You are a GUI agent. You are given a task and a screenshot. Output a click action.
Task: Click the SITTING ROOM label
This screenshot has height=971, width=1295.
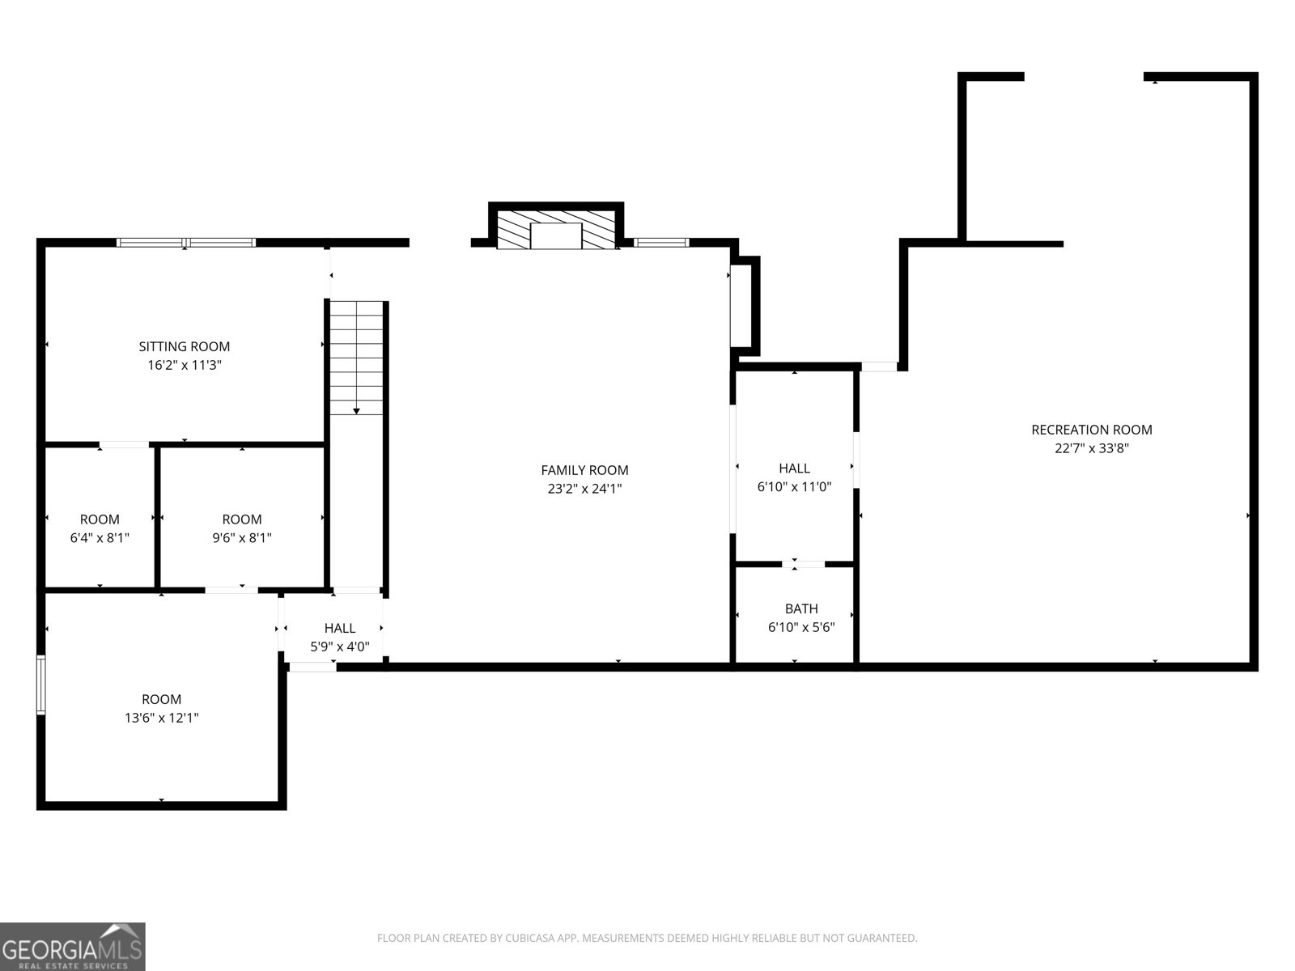[x=185, y=346]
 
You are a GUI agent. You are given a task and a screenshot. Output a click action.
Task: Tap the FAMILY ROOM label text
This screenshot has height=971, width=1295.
[x=584, y=470]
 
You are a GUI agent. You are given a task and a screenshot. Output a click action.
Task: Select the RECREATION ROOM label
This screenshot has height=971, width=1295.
[x=1091, y=430]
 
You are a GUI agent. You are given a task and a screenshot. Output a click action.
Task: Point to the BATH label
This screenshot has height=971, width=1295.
[x=800, y=608]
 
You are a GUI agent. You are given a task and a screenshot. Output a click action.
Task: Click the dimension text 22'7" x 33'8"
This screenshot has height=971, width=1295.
[x=1091, y=448]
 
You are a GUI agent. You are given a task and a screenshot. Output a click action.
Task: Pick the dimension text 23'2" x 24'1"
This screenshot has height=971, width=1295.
[x=584, y=489]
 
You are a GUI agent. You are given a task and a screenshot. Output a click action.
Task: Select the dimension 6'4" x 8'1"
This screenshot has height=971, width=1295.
[x=100, y=538]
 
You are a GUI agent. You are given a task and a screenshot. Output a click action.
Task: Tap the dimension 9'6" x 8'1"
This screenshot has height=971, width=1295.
[x=241, y=538]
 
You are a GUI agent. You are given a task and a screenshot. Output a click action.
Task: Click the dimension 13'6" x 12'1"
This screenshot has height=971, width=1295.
[x=161, y=718]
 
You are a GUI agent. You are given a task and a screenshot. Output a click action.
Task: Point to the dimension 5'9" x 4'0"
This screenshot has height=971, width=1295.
[x=340, y=647]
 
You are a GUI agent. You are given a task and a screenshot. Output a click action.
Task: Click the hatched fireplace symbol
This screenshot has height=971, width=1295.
[x=556, y=231]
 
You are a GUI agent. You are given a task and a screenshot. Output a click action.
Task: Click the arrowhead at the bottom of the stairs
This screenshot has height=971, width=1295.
[x=356, y=411]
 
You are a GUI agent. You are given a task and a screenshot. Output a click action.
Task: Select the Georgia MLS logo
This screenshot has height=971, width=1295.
[x=72, y=946]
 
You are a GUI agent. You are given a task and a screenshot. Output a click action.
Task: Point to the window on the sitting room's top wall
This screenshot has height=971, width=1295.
[x=186, y=242]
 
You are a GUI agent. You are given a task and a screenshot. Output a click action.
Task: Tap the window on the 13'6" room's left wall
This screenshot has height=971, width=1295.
[x=41, y=685]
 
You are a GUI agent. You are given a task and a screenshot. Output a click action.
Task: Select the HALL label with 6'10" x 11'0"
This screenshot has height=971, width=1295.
[x=794, y=469]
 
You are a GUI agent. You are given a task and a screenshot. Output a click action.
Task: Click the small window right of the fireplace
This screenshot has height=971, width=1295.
[x=660, y=242]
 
